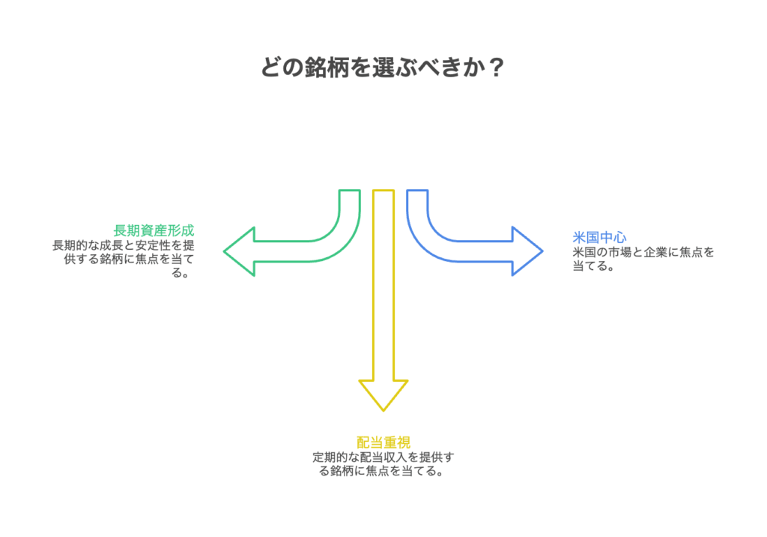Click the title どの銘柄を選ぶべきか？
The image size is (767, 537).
383,68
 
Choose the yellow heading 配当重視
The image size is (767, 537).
383,442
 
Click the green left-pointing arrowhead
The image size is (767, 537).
240,251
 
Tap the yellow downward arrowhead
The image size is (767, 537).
383,394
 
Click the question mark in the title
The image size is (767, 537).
495,68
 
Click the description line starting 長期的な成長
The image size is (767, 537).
123,244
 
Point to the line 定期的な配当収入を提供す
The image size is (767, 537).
383,457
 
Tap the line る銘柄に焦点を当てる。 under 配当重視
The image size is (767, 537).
383,472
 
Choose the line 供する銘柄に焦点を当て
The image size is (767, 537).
128,259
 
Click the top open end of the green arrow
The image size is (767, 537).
349,191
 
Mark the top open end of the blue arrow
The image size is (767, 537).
417,191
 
